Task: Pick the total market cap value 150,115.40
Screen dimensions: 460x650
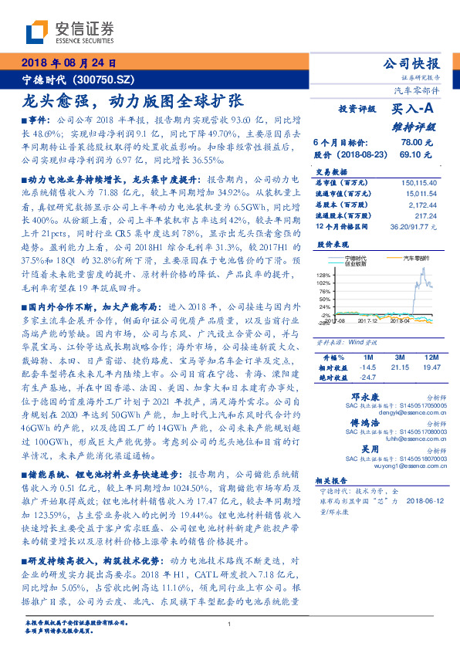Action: (x=421, y=182)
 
